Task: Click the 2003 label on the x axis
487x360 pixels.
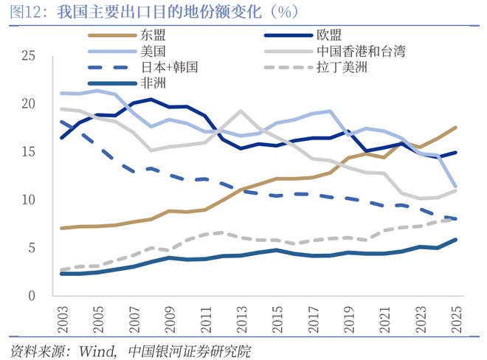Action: click(62, 316)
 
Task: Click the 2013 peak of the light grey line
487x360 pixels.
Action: click(241, 111)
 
